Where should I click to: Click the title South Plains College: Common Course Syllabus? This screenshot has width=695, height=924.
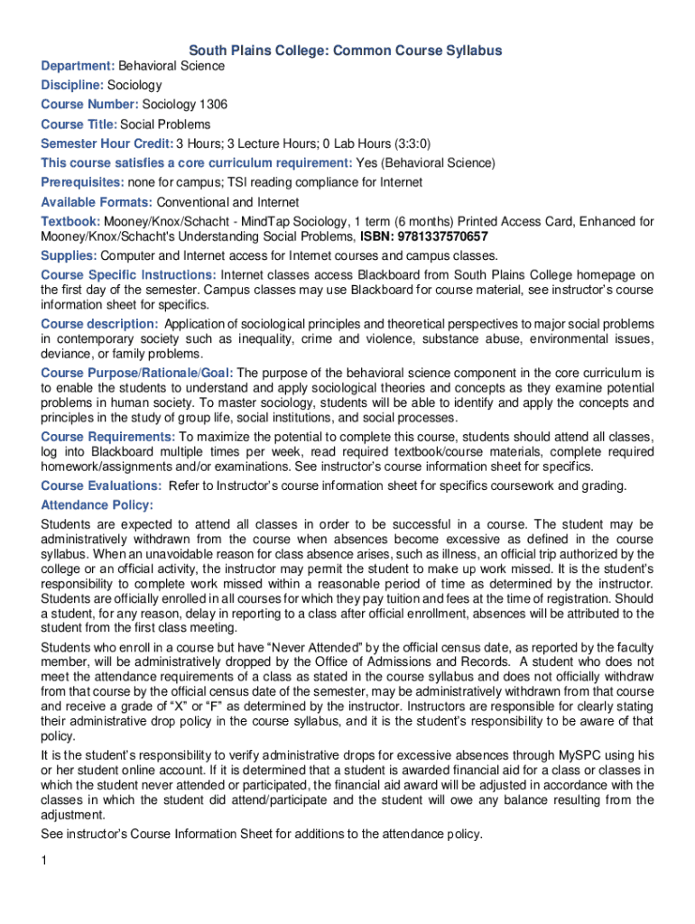tap(345, 51)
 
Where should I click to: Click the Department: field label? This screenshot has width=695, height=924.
tap(78, 66)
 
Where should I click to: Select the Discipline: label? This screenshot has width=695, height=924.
tap(72, 86)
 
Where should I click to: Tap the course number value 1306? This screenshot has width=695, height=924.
tap(213, 105)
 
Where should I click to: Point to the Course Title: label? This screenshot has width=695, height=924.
tap(79, 125)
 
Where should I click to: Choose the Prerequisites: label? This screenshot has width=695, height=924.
tap(83, 182)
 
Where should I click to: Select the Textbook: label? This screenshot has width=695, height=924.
tap(70, 221)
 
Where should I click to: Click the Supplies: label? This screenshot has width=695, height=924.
tap(69, 256)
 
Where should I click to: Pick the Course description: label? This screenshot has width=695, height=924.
tap(99, 324)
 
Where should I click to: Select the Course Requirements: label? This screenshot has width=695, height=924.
tap(107, 437)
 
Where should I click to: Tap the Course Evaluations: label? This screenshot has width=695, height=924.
tap(101, 485)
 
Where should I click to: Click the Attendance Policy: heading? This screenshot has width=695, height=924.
tap(97, 505)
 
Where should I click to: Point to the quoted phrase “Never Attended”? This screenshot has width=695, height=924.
tap(309, 648)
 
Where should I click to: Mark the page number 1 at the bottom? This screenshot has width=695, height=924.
tap(43, 860)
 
